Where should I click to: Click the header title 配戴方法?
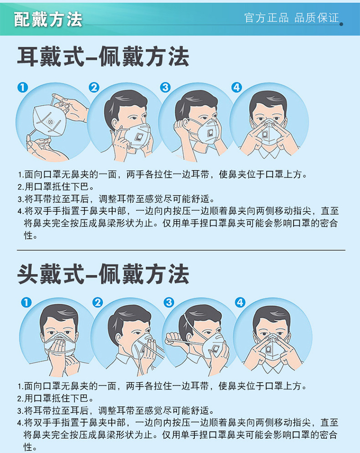tap(48, 19)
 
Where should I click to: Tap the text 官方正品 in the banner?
tap(266, 18)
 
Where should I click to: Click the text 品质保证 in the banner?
tap(317, 18)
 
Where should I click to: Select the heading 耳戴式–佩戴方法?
tap(103, 57)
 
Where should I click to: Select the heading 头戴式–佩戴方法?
tap(103, 274)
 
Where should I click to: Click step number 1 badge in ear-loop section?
tap(23, 87)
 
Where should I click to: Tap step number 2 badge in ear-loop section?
tap(94, 87)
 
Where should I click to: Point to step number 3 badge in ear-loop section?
tap(165, 87)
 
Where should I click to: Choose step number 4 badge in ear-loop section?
tap(237, 87)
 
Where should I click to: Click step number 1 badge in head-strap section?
tap(26, 303)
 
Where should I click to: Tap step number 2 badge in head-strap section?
tap(97, 303)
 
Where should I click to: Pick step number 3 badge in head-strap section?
tap(169, 303)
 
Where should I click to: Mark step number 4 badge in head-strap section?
tap(240, 303)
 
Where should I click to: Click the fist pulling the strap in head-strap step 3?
tap(173, 339)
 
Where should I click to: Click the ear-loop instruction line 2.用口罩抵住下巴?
tap(56, 187)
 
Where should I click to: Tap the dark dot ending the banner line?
tap(341, 24)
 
